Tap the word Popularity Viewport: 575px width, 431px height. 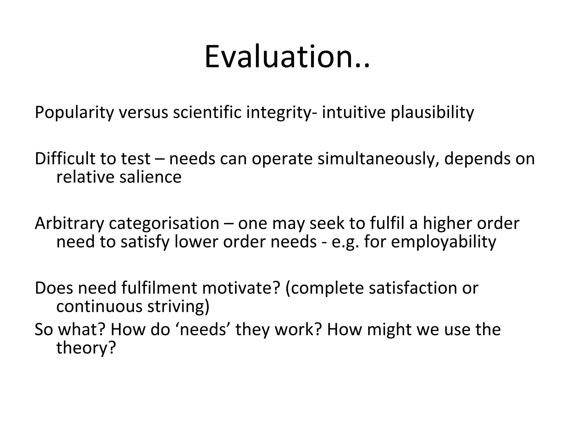point(74,113)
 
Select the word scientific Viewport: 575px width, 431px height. point(207,112)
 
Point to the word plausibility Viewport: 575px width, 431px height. point(432,113)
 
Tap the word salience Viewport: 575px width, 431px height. point(150,177)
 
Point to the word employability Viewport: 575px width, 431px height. point(443,242)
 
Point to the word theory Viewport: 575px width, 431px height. point(86,348)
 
